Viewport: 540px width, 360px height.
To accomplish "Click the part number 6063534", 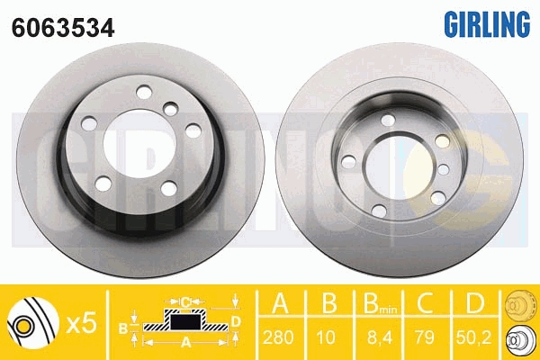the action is [x=63, y=27].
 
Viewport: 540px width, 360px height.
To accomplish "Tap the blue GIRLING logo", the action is [x=487, y=24].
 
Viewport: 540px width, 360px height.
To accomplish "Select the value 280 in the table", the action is [x=278, y=337].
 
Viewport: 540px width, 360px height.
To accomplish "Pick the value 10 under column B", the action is [x=326, y=337].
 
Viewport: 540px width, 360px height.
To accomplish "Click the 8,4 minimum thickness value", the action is [x=379, y=337].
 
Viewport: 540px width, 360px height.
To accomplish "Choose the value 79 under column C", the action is [x=425, y=337].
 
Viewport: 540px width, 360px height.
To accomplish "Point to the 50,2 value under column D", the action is [x=474, y=337].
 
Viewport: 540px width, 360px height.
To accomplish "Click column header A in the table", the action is [x=280, y=302].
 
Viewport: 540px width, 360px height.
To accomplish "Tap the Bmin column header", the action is [x=380, y=303].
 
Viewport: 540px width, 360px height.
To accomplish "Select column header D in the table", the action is [x=474, y=302].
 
